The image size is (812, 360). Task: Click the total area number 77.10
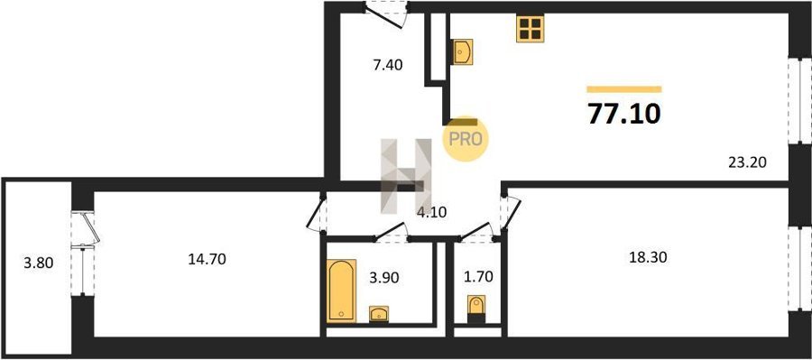624,114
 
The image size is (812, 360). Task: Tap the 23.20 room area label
747,162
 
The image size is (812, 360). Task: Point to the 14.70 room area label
207,259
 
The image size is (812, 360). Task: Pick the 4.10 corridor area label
431,212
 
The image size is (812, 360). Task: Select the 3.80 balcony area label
38,263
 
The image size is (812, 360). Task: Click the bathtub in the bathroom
341,290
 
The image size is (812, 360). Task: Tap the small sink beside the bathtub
379,313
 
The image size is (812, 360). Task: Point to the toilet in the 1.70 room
475,309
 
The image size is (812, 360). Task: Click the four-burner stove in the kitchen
530,29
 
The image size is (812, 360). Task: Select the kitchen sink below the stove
463,51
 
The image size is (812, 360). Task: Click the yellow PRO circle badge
465,138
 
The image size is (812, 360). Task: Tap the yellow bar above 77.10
624,89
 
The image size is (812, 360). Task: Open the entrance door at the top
386,14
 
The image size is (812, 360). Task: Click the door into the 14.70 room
316,212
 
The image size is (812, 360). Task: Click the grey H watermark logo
407,176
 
